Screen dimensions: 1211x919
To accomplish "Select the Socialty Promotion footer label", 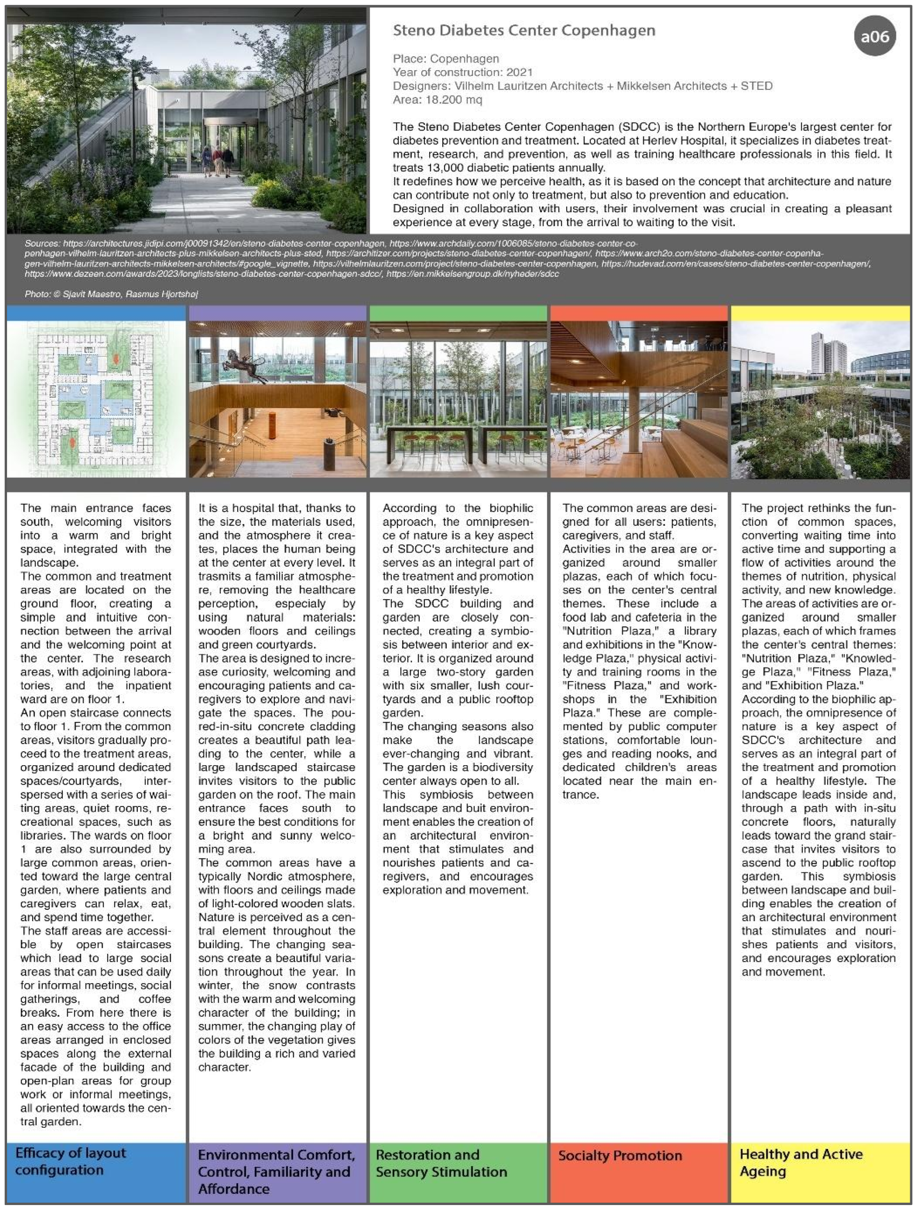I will tap(620, 1155).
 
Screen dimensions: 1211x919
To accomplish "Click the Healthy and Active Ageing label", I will tap(801, 1162).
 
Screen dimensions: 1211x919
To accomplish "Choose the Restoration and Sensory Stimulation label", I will tap(441, 1163).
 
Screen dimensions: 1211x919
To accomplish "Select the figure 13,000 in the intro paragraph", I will tap(443, 167).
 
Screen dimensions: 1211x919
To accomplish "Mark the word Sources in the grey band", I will tap(42, 243).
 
